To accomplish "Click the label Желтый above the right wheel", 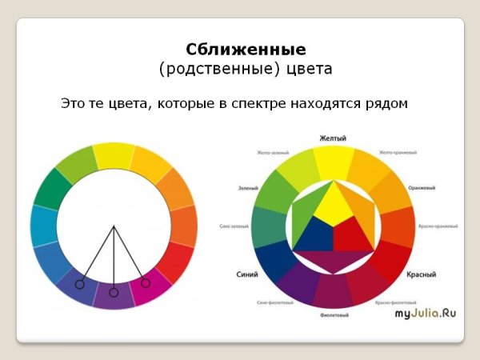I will (x=333, y=138).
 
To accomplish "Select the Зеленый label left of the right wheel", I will (x=247, y=189).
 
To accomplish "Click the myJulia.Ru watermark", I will (x=425, y=313).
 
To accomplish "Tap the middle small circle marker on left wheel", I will (x=114, y=293).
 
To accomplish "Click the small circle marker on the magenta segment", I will (x=145, y=282).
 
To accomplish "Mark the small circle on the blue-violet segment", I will (x=80, y=284).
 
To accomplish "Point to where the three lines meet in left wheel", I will (x=114, y=226).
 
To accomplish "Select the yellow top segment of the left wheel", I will (x=114, y=156).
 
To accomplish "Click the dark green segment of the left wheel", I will (x=51, y=189).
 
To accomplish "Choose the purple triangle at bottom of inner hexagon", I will (x=333, y=260).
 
